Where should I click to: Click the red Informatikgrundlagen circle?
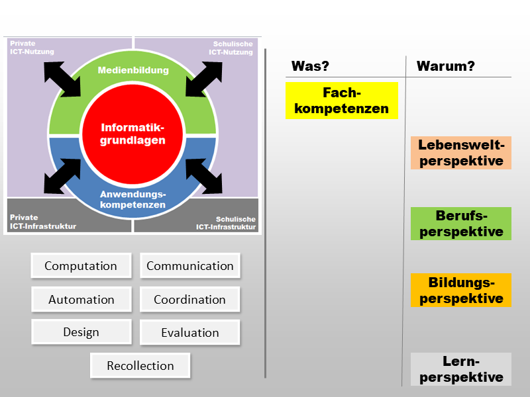pos(132,134)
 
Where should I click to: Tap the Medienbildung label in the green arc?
pos(132,70)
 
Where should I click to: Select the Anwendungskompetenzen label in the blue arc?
pos(132,199)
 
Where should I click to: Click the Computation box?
pos(81,266)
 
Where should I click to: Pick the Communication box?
pos(190,266)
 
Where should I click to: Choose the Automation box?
pos(81,299)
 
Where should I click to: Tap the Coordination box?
pos(190,299)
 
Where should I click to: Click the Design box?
pos(81,332)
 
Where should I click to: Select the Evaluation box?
pos(190,332)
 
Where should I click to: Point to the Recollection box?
pos(140,365)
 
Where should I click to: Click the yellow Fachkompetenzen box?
pos(342,101)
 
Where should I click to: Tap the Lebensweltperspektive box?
pos(461,153)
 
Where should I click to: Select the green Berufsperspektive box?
pos(461,224)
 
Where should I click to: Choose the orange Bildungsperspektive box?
pos(461,290)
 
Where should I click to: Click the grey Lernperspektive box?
pos(461,369)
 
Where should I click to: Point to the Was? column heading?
pos(311,66)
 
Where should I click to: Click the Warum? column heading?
pos(445,66)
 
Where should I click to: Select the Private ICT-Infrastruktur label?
pos(43,222)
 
